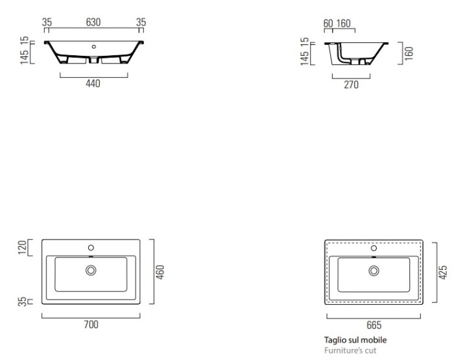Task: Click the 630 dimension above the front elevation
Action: click(x=93, y=22)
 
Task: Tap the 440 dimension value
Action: click(x=93, y=84)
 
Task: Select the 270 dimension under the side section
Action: click(x=352, y=85)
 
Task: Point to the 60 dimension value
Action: click(x=328, y=23)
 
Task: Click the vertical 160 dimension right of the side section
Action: click(x=409, y=53)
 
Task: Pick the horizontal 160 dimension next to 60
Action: click(x=343, y=23)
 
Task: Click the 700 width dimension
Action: click(x=91, y=325)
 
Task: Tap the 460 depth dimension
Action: click(x=160, y=272)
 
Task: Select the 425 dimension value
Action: click(x=443, y=272)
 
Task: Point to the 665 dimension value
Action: click(x=374, y=325)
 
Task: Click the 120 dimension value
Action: click(x=22, y=247)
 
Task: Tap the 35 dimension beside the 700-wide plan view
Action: click(x=22, y=302)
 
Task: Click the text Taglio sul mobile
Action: click(x=355, y=340)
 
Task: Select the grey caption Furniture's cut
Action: click(x=350, y=350)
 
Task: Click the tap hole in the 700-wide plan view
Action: click(x=91, y=248)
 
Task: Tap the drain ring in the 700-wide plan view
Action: click(x=91, y=270)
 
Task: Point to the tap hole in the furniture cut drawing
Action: click(x=374, y=248)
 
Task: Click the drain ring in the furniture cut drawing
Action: click(x=374, y=270)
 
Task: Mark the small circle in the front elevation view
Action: click(x=93, y=47)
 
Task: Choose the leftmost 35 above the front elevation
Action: click(x=47, y=22)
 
